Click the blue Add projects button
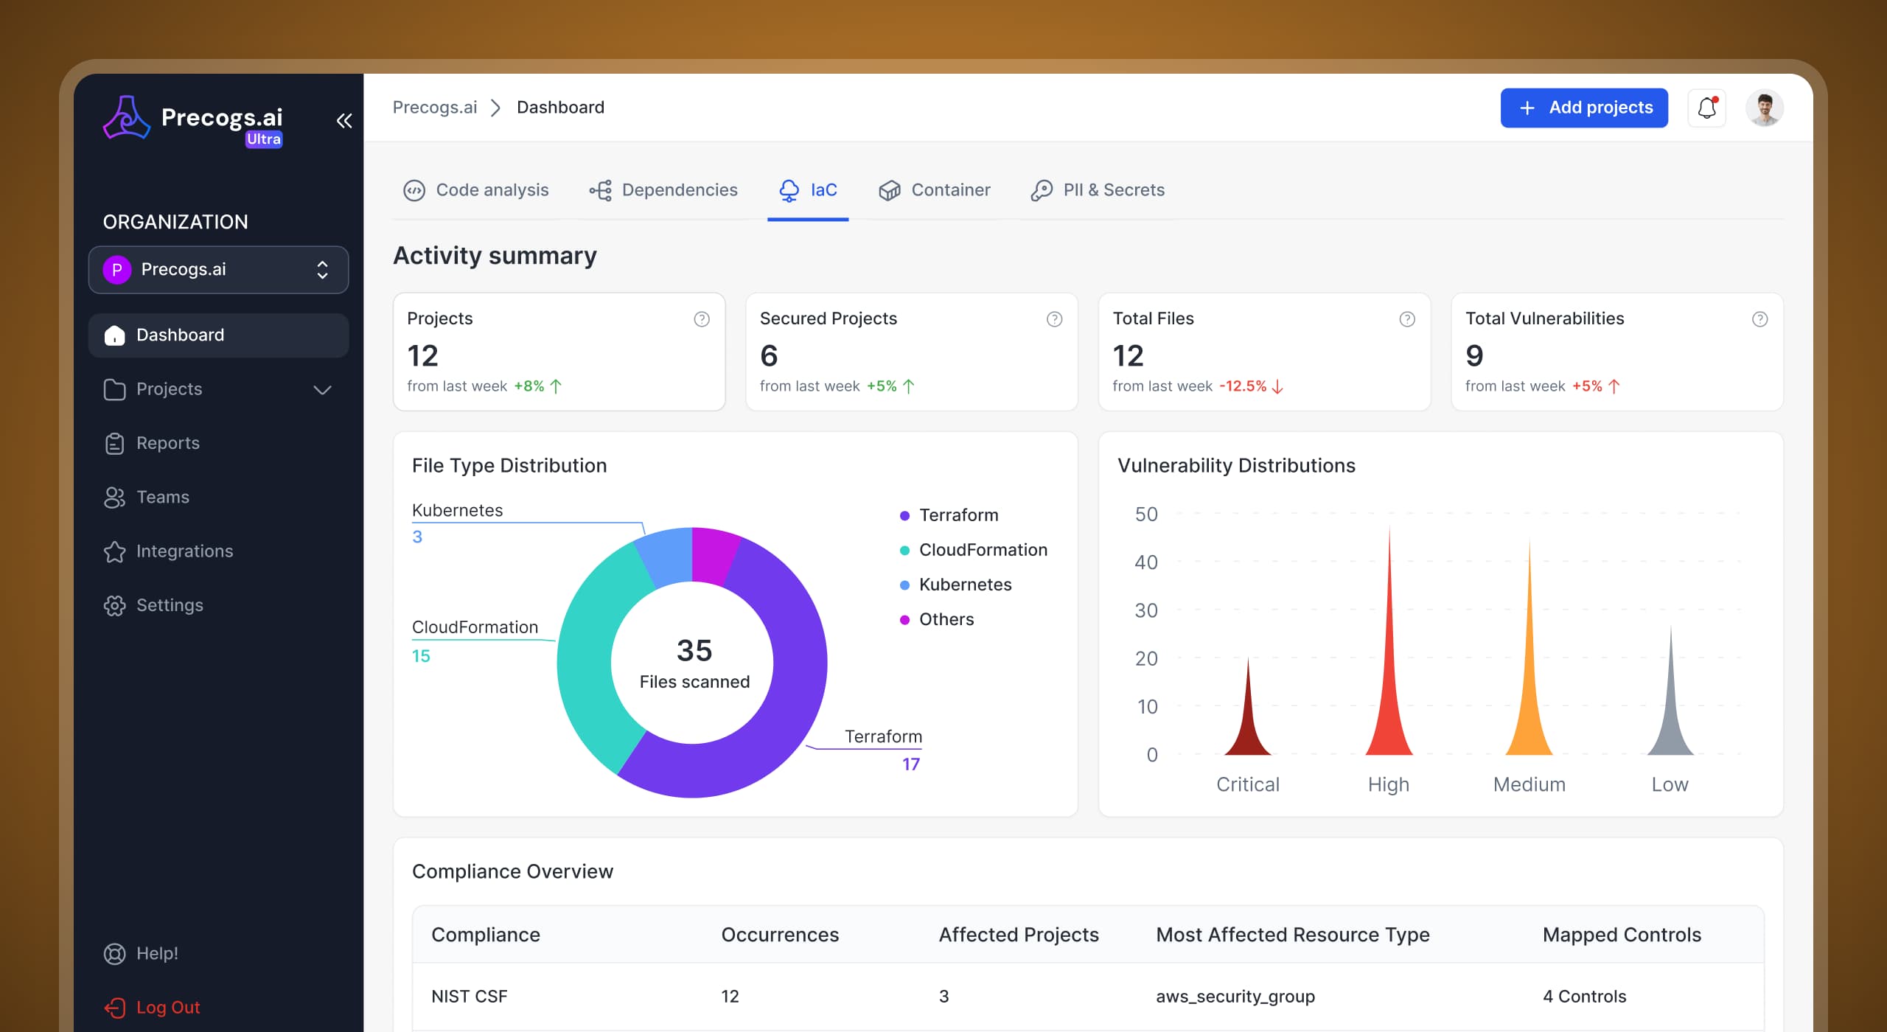pyautogui.click(x=1583, y=108)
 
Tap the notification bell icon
pyautogui.click(x=1706, y=108)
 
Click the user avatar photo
pyautogui.click(x=1764, y=108)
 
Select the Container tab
pyautogui.click(x=934, y=190)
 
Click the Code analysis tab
pyautogui.click(x=476, y=190)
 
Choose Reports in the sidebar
pyautogui.click(x=167, y=443)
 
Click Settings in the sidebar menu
pyautogui.click(x=170, y=605)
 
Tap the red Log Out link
pyautogui.click(x=167, y=1007)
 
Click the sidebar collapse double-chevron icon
pyautogui.click(x=343, y=121)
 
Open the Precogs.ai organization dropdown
pyautogui.click(x=218, y=270)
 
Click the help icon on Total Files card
pyautogui.click(x=1406, y=319)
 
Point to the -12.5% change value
pyautogui.click(x=1243, y=386)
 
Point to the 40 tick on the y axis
pyautogui.click(x=1146, y=562)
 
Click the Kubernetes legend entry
pyautogui.click(x=964, y=585)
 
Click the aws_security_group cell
pyautogui.click(x=1235, y=997)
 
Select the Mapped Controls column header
pyautogui.click(x=1621, y=935)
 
